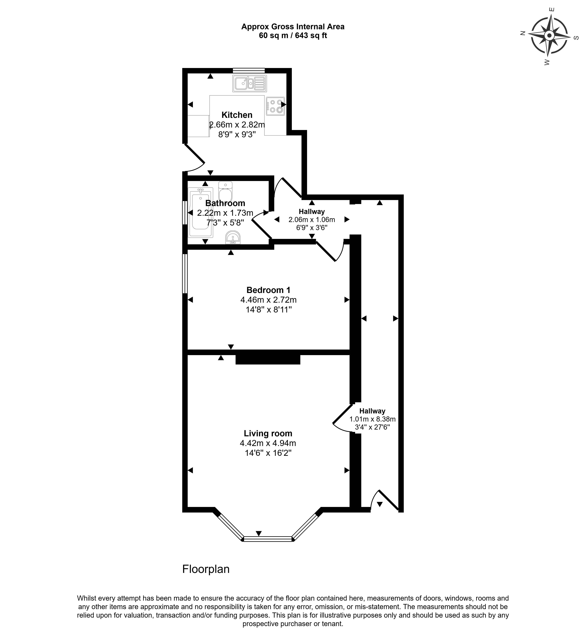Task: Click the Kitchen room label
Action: pyautogui.click(x=237, y=115)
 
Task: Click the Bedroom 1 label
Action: pyautogui.click(x=268, y=290)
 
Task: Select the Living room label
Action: pyautogui.click(x=268, y=433)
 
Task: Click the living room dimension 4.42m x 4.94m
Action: pyautogui.click(x=268, y=443)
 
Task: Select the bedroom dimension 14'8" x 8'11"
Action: pyautogui.click(x=269, y=309)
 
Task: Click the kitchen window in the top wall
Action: pyautogui.click(x=249, y=70)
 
